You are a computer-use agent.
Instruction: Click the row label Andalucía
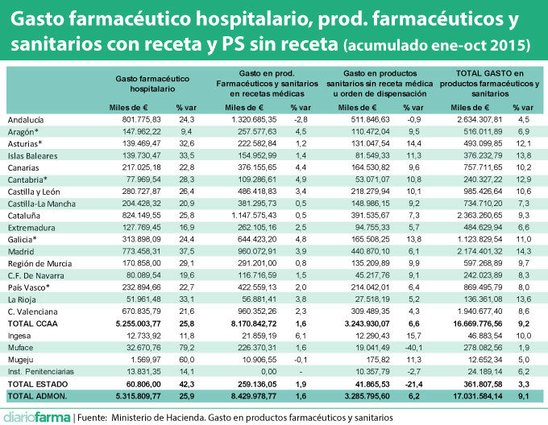tap(26, 119)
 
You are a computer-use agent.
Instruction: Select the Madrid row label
tap(21, 252)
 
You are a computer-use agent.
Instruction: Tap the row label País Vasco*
tap(29, 286)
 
